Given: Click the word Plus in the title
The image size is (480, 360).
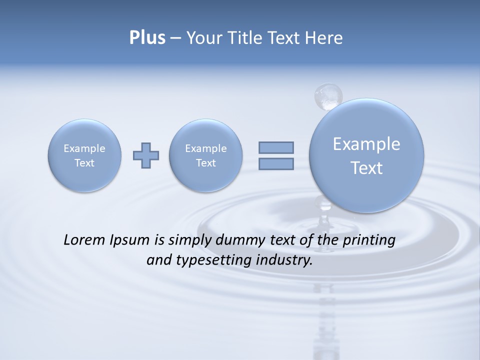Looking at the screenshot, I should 147,38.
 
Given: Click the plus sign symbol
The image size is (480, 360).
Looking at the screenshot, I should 146,155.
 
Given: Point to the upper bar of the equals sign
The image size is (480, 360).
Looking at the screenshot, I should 276,147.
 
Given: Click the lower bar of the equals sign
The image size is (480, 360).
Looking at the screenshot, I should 276,163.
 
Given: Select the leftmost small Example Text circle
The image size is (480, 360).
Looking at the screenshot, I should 84,155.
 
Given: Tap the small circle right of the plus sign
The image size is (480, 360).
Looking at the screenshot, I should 205,155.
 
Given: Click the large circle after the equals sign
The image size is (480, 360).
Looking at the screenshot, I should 366,155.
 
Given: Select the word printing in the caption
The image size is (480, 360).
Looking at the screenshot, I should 369,240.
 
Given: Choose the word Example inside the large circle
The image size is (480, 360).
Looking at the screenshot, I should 366,144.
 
